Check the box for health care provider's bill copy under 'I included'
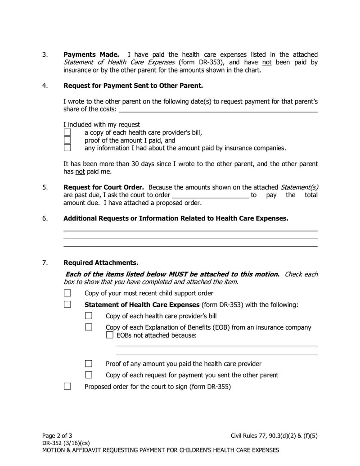pyautogui.click(x=67, y=132)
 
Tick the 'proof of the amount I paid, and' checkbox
pyautogui.click(x=67, y=140)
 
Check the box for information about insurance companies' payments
pyautogui.click(x=67, y=148)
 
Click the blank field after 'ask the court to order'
pyautogui.click(x=210, y=195)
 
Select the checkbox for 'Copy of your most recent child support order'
pyautogui.click(x=67, y=293)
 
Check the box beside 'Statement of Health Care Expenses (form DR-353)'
pyautogui.click(x=67, y=304)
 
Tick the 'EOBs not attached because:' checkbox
pyautogui.click(x=110, y=335)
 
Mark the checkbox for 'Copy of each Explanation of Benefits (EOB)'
pyautogui.click(x=89, y=327)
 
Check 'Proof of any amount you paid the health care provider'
pyautogui.click(x=89, y=363)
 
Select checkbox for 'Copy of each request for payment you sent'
pyautogui.click(x=89, y=375)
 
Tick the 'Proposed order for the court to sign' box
pyautogui.click(x=67, y=386)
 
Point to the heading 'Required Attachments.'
pyautogui.click(x=101, y=262)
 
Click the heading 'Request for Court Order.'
pyautogui.click(x=103, y=187)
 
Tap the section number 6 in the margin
pyautogui.click(x=45, y=218)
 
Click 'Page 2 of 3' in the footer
pyautogui.click(x=57, y=435)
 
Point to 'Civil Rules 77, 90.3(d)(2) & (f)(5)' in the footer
pyautogui.click(x=274, y=435)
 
